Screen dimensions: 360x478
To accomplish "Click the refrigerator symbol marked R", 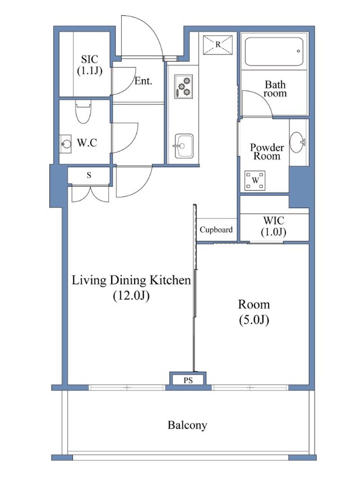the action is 218,44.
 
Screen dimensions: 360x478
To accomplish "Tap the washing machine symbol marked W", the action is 255,180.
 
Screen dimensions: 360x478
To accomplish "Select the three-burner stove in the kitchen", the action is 183,86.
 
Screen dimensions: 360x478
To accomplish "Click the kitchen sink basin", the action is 184,146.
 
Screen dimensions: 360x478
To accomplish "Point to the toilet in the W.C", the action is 83,112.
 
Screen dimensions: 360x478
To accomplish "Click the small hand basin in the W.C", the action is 66,144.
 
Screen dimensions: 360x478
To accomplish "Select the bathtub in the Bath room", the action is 274,51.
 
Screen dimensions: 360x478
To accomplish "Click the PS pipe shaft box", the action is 188,380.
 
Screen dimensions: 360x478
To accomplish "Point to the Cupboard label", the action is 216,229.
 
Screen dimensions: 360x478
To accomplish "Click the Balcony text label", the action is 187,425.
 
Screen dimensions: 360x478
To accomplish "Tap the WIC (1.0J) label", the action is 274,226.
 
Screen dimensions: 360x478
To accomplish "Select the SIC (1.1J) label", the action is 89,65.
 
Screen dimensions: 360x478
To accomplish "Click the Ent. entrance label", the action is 143,81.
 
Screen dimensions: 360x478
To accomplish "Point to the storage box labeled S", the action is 89,175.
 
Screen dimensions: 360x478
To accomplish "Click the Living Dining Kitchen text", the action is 131,280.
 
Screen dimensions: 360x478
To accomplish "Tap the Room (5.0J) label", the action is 253,312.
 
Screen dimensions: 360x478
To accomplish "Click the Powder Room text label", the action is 267,152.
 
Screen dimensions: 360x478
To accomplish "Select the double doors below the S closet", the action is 90,194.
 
